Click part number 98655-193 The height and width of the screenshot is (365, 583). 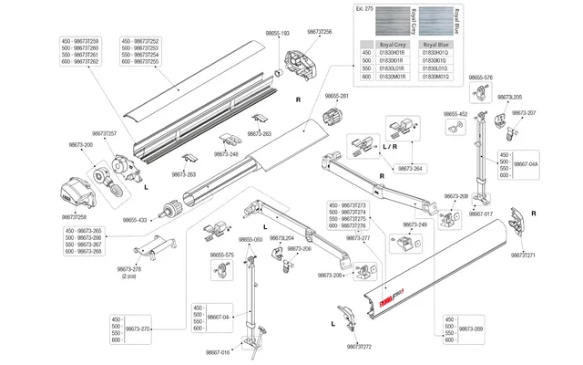[x=277, y=32]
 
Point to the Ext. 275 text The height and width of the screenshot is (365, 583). [x=363, y=8]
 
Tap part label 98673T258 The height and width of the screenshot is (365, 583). [x=76, y=217]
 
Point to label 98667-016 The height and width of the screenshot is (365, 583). [x=219, y=351]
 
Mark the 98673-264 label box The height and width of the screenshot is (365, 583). [x=412, y=169]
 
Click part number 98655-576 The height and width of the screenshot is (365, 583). [x=480, y=78]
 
